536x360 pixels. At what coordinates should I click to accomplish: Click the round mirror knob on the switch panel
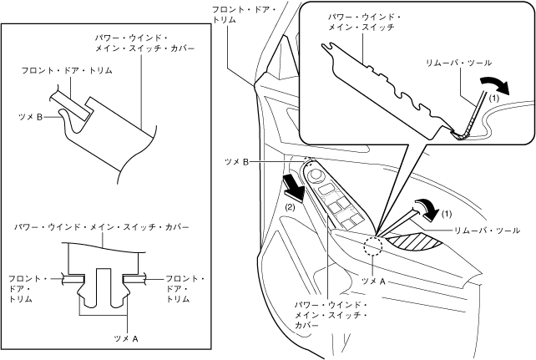pyautogui.click(x=317, y=175)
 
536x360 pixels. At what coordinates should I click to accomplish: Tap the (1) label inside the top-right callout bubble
pyautogui.click(x=493, y=97)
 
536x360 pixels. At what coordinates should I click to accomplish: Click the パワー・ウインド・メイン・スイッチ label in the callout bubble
pyautogui.click(x=364, y=23)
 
